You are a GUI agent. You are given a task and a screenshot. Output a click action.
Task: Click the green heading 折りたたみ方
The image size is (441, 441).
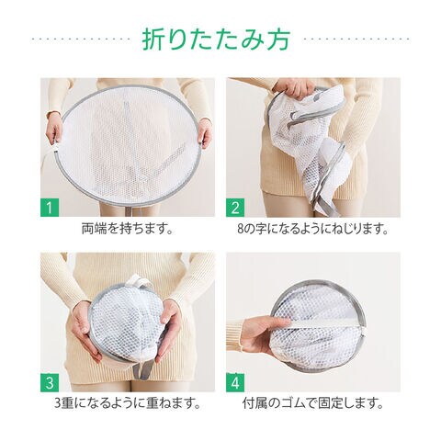216,40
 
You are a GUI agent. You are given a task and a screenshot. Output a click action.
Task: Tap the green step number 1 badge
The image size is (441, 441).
50,208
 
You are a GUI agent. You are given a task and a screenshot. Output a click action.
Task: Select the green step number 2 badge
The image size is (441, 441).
235,208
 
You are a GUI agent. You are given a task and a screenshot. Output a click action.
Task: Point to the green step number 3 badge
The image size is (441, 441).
50,382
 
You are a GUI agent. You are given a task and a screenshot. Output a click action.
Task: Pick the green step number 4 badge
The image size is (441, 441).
235,382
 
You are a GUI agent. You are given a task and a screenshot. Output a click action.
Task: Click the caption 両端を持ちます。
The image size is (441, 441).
128,229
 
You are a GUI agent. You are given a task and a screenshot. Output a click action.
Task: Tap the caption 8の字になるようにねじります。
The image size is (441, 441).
312,229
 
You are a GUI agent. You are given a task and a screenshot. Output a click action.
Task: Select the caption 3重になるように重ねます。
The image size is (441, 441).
128,403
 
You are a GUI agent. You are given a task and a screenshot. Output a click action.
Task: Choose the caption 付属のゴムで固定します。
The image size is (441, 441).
313,403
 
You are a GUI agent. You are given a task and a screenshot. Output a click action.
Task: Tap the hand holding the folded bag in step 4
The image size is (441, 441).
264,334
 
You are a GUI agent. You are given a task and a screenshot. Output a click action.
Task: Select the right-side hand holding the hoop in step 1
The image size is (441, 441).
205,132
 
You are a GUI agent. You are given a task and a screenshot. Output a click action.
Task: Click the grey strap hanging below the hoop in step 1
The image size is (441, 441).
131,210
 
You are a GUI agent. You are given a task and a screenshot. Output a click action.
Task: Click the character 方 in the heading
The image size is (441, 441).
278,40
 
